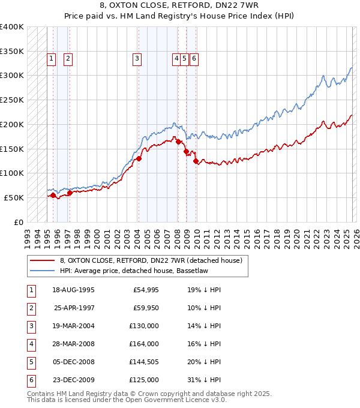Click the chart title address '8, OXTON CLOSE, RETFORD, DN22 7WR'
coord(179,5)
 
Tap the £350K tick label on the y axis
coord(12,51)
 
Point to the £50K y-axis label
coord(14,197)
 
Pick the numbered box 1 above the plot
coord(52,59)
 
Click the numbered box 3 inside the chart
coord(137,59)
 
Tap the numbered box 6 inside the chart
coord(195,59)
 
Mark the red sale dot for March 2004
coord(139,158)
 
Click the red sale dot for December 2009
coord(196,161)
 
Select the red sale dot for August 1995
coord(53,195)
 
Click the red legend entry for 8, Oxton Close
coord(151,260)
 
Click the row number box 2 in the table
coord(30,308)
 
